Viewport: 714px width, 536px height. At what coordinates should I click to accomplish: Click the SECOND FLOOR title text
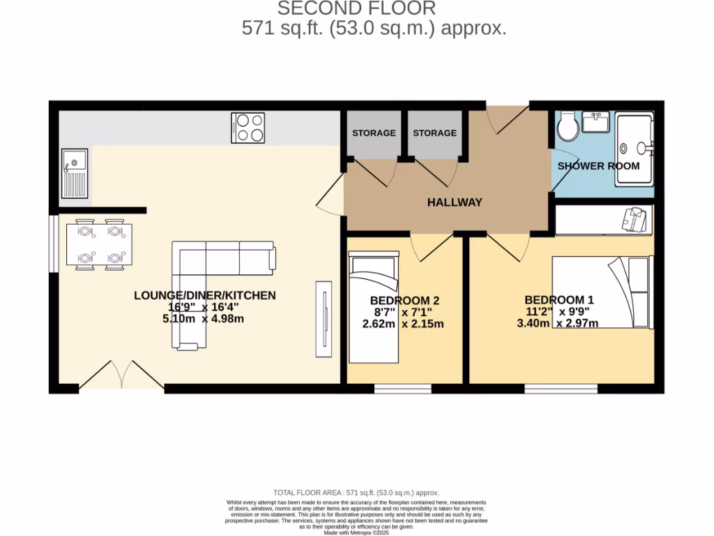click(356, 8)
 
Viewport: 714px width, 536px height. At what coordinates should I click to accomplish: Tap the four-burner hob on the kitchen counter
click(248, 127)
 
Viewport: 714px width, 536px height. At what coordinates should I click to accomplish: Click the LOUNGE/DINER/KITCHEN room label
click(205, 295)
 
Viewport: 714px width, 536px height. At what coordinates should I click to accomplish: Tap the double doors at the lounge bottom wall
click(122, 375)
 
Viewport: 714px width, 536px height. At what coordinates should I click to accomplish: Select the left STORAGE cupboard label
click(374, 133)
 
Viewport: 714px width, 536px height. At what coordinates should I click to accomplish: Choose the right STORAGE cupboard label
click(434, 133)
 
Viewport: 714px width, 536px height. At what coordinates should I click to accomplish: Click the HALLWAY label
click(455, 202)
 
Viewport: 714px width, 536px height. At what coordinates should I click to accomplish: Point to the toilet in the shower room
click(567, 126)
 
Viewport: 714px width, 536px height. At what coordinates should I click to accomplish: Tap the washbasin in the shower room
click(595, 123)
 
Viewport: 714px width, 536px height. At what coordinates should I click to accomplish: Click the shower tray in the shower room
click(635, 148)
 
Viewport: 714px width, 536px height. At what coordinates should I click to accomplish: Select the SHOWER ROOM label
click(598, 166)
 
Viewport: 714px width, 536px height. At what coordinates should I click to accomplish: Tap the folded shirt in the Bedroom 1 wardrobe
click(636, 219)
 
